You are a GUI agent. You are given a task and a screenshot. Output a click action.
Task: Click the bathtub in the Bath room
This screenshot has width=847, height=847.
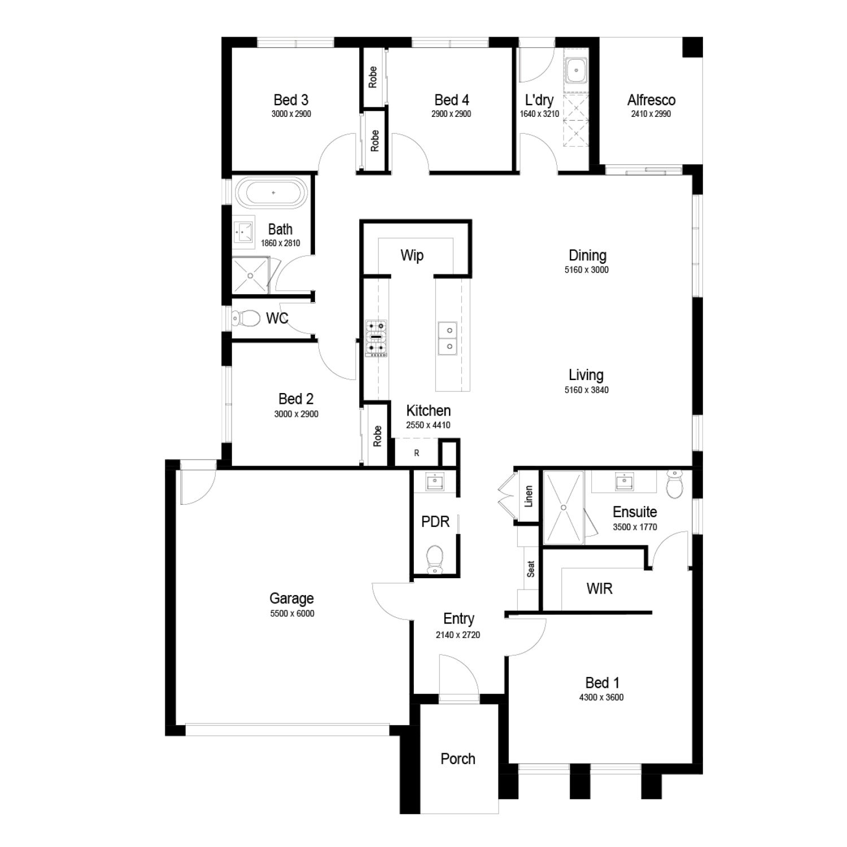tap(273, 193)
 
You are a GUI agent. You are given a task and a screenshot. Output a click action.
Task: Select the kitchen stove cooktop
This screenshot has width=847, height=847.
tap(376, 338)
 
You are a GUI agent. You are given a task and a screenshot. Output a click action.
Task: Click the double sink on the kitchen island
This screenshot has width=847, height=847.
tap(448, 338)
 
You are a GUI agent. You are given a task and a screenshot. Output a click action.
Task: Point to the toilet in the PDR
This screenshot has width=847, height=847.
tap(434, 560)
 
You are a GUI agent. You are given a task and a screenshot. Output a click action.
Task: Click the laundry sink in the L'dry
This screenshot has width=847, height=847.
tap(577, 71)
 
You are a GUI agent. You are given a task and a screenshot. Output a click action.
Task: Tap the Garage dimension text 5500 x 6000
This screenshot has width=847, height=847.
tap(292, 614)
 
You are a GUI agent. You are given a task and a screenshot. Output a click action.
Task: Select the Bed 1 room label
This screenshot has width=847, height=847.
tap(602, 683)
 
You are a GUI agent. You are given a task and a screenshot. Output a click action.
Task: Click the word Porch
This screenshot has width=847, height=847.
tap(458, 758)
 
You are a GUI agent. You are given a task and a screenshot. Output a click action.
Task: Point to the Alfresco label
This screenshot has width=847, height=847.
tap(651, 100)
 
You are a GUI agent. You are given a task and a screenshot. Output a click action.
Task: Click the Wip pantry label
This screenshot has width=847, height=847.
tap(412, 255)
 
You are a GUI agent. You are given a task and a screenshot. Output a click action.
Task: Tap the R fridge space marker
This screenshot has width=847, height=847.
tap(417, 453)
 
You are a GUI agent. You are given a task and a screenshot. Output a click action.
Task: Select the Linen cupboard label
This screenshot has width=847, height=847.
tap(529, 496)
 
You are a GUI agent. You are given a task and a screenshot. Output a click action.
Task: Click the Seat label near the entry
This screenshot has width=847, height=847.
tap(531, 569)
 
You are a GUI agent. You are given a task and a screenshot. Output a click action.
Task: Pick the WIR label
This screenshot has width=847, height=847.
tap(599, 588)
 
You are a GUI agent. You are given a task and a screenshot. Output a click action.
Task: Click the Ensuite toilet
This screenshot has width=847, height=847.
tap(674, 485)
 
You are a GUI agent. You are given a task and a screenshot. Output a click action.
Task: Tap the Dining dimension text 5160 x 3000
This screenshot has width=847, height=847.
tap(587, 270)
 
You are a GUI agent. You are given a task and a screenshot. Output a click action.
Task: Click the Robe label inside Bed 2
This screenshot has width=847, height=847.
tap(377, 436)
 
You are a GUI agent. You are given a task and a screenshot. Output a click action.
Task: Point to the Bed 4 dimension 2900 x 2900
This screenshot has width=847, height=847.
tap(451, 114)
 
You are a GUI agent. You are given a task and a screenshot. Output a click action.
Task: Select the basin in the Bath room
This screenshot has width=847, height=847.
tap(243, 232)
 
